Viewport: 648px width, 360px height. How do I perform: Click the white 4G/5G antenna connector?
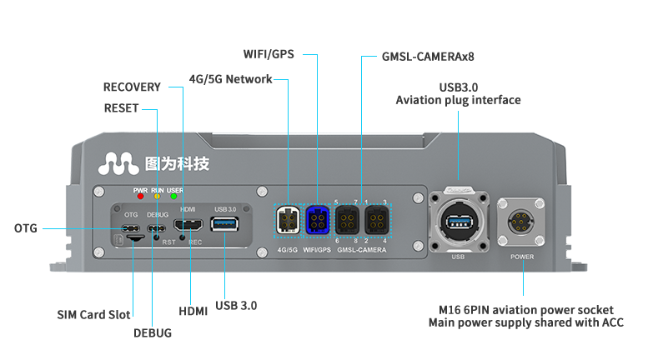coord(288,222)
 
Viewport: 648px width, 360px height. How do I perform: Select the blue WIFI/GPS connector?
coord(319,222)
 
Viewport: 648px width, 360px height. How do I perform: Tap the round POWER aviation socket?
coord(521,222)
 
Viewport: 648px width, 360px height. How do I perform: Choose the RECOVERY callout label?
coord(132,87)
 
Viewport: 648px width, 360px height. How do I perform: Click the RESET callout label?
coord(122,108)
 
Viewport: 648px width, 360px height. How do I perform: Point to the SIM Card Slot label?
coord(93,314)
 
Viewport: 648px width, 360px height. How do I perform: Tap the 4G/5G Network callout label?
coord(230,79)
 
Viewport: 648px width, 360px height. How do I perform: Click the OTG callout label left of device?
coord(26,228)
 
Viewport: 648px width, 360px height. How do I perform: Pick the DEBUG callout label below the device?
coord(153,332)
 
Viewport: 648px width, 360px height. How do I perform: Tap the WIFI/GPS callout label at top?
coord(268,54)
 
